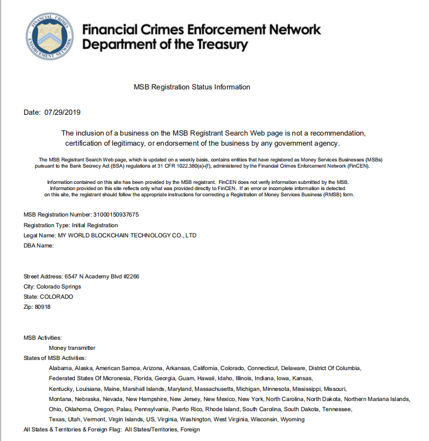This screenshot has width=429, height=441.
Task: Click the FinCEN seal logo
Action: (49, 36)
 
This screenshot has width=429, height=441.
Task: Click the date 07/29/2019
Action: (62, 112)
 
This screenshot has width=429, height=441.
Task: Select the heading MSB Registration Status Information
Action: (192, 87)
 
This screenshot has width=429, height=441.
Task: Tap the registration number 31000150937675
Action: (115, 215)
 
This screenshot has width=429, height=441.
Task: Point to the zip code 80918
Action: (43, 307)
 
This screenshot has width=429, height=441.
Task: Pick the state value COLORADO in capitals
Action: (56, 296)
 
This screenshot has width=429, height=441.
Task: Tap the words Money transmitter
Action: (72, 348)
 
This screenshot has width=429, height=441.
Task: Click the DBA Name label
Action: (38, 245)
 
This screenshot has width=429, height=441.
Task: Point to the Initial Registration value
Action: (95, 225)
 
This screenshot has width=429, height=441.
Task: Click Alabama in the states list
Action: (60, 368)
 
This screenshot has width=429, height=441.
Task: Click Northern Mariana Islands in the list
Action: (377, 399)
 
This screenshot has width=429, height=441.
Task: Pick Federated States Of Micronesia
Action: (90, 378)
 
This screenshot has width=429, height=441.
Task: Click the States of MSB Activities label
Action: (55, 358)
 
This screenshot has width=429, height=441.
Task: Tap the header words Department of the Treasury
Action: (165, 44)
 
